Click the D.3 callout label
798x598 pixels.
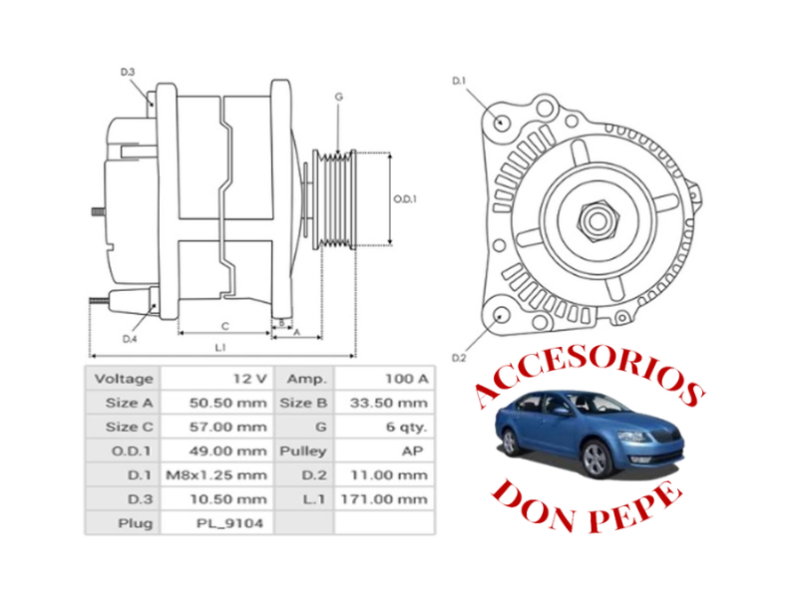click(128, 72)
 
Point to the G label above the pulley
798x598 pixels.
click(339, 97)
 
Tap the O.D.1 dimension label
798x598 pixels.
click(404, 198)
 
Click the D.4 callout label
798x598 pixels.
click(129, 339)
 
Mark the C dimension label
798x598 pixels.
click(225, 325)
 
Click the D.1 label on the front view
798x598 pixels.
click(459, 80)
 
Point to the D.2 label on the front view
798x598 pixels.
click(459, 357)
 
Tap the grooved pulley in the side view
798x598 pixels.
click(336, 199)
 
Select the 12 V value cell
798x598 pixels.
click(215, 379)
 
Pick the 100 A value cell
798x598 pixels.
click(384, 379)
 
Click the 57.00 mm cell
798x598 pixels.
click(215, 427)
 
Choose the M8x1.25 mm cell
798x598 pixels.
click(215, 474)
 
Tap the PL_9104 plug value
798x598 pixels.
click(215, 522)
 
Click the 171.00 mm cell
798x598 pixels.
click(384, 498)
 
